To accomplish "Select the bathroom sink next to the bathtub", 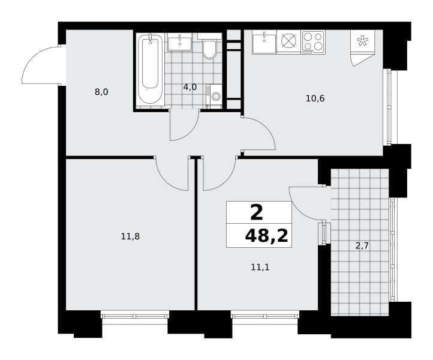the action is point(180,42).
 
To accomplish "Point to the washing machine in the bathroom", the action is point(214,95).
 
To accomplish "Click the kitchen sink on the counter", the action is point(264,42).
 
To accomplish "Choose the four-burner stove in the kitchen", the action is point(313,42).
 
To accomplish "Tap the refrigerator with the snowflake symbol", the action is point(362,41).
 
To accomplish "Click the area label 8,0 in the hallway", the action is point(101,92).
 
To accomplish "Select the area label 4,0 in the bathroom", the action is point(190,88).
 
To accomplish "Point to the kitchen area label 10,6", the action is point(315,98).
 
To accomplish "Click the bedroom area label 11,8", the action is point(130,236).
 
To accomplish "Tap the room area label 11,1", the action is point(260,268).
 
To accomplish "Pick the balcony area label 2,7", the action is point(362,245).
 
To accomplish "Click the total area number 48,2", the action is point(266,236).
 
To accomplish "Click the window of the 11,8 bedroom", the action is point(135,314).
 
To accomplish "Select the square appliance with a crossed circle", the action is point(288,42).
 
